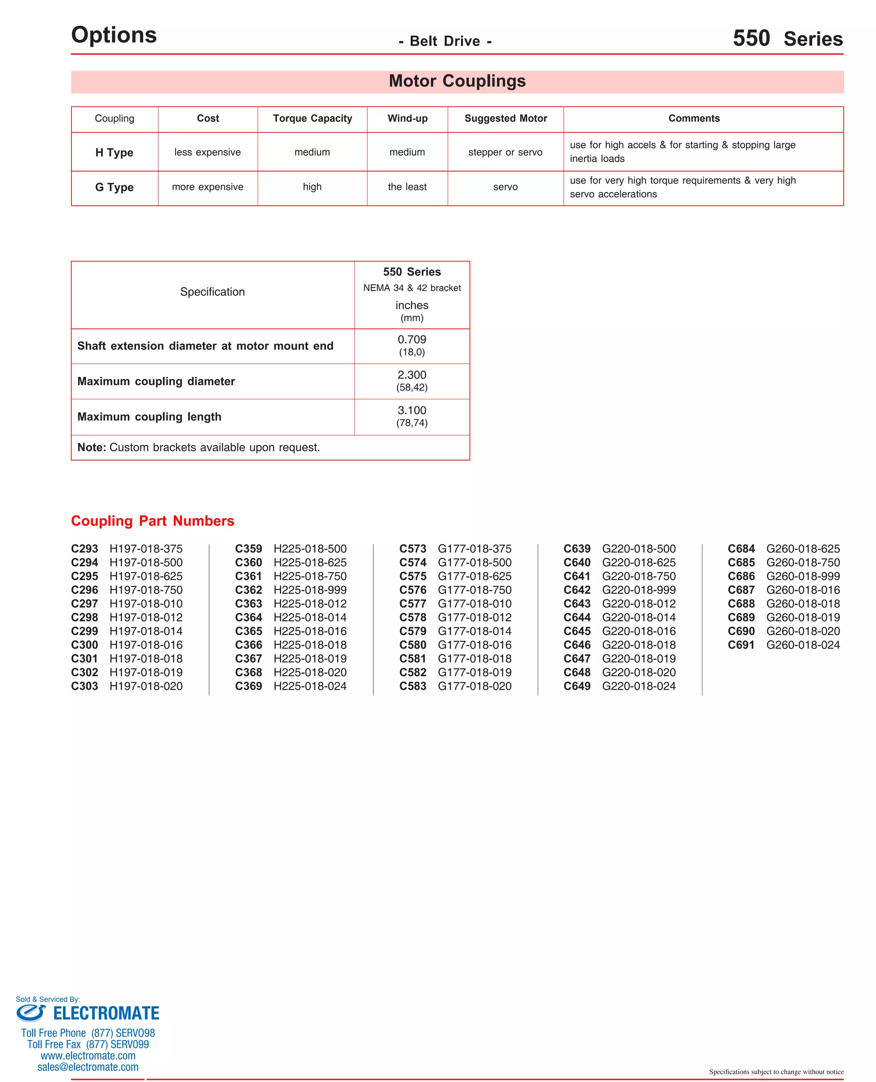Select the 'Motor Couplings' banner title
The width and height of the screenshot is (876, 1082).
(x=457, y=81)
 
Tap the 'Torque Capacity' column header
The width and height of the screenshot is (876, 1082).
(x=312, y=118)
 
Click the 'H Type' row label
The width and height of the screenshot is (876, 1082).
(x=114, y=152)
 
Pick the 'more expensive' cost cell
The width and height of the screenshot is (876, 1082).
(x=207, y=187)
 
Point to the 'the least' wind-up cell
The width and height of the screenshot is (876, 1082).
(x=407, y=187)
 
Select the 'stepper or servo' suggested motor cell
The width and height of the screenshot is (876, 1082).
(x=505, y=152)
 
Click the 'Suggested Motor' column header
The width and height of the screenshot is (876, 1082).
(x=506, y=118)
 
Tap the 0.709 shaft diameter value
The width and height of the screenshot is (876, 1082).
(x=412, y=340)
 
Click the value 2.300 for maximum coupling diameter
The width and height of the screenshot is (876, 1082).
(x=412, y=375)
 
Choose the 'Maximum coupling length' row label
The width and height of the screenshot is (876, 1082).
(x=149, y=417)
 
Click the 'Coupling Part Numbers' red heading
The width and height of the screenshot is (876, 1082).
(x=152, y=520)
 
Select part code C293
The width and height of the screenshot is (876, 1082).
(x=84, y=549)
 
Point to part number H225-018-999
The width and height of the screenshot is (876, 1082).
(x=310, y=590)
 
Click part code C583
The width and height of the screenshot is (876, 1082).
(x=412, y=686)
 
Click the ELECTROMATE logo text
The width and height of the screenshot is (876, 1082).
(x=106, y=1014)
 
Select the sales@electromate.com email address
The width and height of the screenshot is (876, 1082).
(x=88, y=1067)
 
